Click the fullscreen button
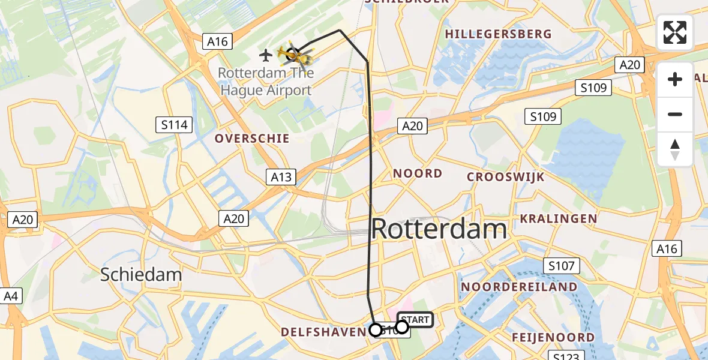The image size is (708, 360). (x=675, y=32)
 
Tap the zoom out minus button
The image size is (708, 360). (x=675, y=114)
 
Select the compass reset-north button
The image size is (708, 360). (x=675, y=149)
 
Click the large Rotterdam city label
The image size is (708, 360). (x=439, y=229)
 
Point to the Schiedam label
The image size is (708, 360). (x=141, y=275)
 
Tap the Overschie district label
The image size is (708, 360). (x=252, y=139)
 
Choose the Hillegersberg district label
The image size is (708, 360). (x=498, y=34)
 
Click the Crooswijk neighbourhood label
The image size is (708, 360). (x=506, y=177)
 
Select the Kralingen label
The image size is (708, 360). (x=558, y=218)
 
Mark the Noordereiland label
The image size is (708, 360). (x=519, y=287)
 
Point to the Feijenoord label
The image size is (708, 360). (x=553, y=337)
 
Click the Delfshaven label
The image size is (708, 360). (x=323, y=332)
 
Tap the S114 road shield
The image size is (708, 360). (x=175, y=125)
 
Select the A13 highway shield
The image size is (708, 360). (x=281, y=176)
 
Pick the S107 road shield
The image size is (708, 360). (x=561, y=265)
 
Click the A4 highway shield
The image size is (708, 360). (x=10, y=296)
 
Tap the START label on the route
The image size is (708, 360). (x=415, y=320)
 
